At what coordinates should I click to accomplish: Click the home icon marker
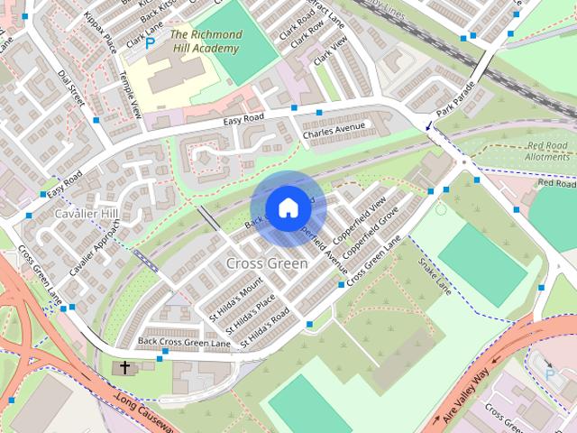point(288,208)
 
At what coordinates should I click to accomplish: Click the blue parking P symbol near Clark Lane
point(151,41)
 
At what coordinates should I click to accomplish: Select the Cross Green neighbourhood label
point(267,263)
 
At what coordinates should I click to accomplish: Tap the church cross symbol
point(124,368)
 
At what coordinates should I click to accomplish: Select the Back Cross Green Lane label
point(184,342)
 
